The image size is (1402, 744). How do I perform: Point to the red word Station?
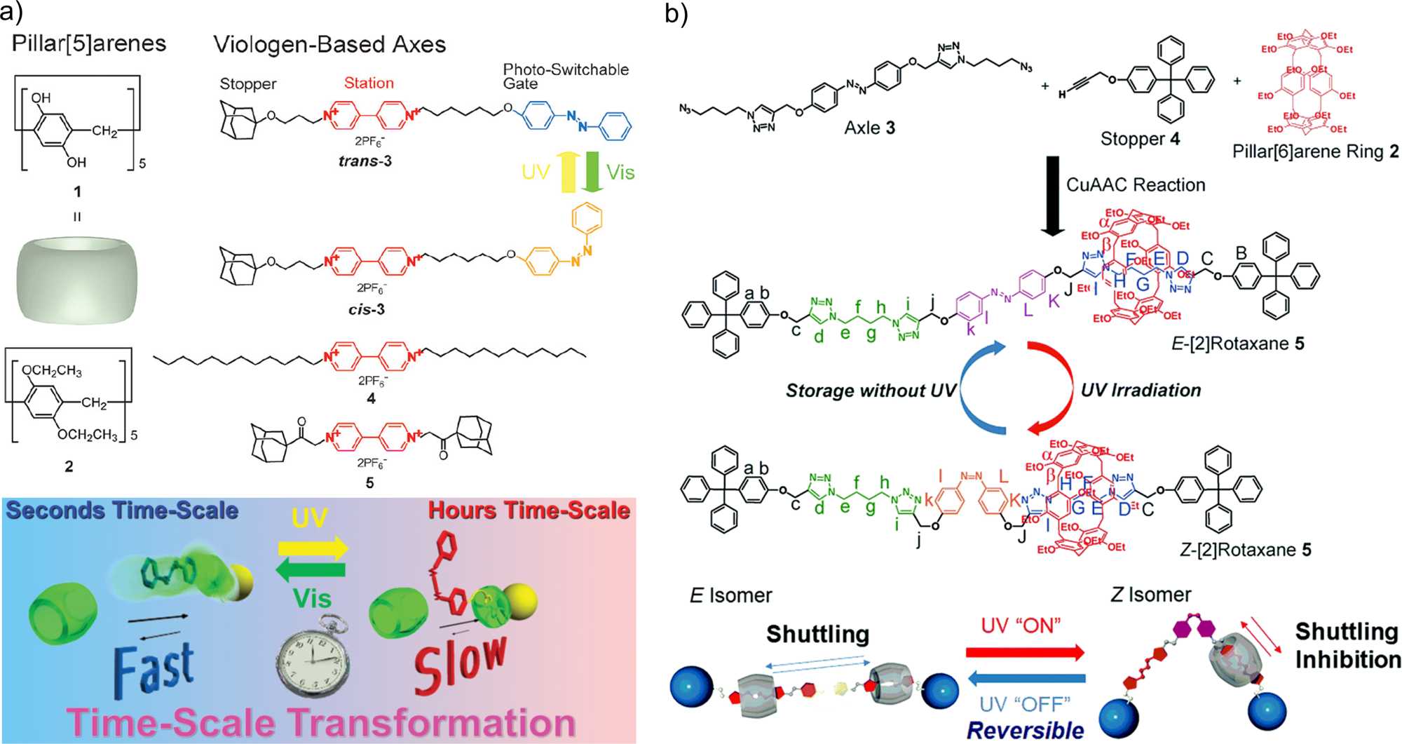coord(369,83)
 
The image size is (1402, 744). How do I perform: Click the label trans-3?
coord(365,161)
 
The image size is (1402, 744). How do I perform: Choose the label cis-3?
coord(367,309)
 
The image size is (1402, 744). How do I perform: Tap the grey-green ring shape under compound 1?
coord(76,280)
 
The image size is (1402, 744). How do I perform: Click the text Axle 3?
coord(869,128)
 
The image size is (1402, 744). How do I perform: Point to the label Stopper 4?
coord(1140,139)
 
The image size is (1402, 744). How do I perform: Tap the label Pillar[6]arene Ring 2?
coord(1315,151)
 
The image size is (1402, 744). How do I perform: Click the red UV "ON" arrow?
coord(1025,653)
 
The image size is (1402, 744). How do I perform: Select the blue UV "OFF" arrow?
coord(1026,678)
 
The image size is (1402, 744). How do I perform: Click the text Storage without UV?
coord(871,391)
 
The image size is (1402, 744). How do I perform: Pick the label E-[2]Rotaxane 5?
coord(1238,344)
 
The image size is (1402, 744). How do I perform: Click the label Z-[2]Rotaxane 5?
coord(1245,550)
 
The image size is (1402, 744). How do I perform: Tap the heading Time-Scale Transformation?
coord(321,723)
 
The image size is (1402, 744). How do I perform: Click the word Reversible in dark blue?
coord(1025,730)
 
